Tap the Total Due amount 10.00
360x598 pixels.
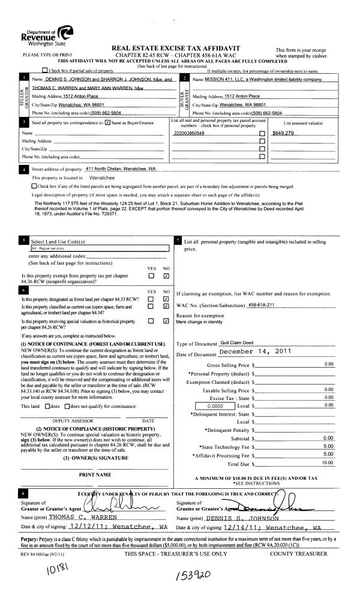(328, 446)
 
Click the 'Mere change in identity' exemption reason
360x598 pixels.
(199, 322)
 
